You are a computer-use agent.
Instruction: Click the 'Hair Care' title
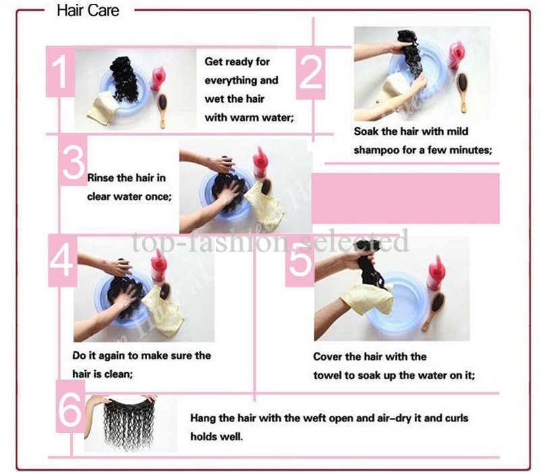[x=88, y=10]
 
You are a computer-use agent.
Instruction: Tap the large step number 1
[x=61, y=73]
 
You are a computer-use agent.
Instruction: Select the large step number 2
[x=311, y=73]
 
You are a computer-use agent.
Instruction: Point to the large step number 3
[x=74, y=162]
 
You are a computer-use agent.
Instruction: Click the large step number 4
[x=61, y=260]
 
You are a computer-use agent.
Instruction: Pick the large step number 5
[x=300, y=260]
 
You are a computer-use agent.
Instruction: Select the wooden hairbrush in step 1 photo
[x=162, y=109]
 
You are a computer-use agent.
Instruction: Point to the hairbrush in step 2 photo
[x=463, y=92]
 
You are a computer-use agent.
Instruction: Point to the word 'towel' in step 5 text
[x=327, y=376]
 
